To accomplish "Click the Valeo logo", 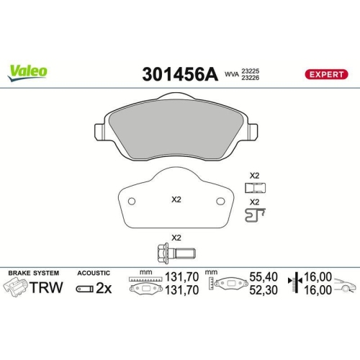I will click(x=29, y=71).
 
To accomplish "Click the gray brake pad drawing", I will click(x=176, y=133).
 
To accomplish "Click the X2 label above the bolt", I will click(x=175, y=238).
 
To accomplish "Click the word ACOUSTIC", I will click(x=93, y=274).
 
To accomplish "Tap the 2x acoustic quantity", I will click(x=104, y=288).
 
